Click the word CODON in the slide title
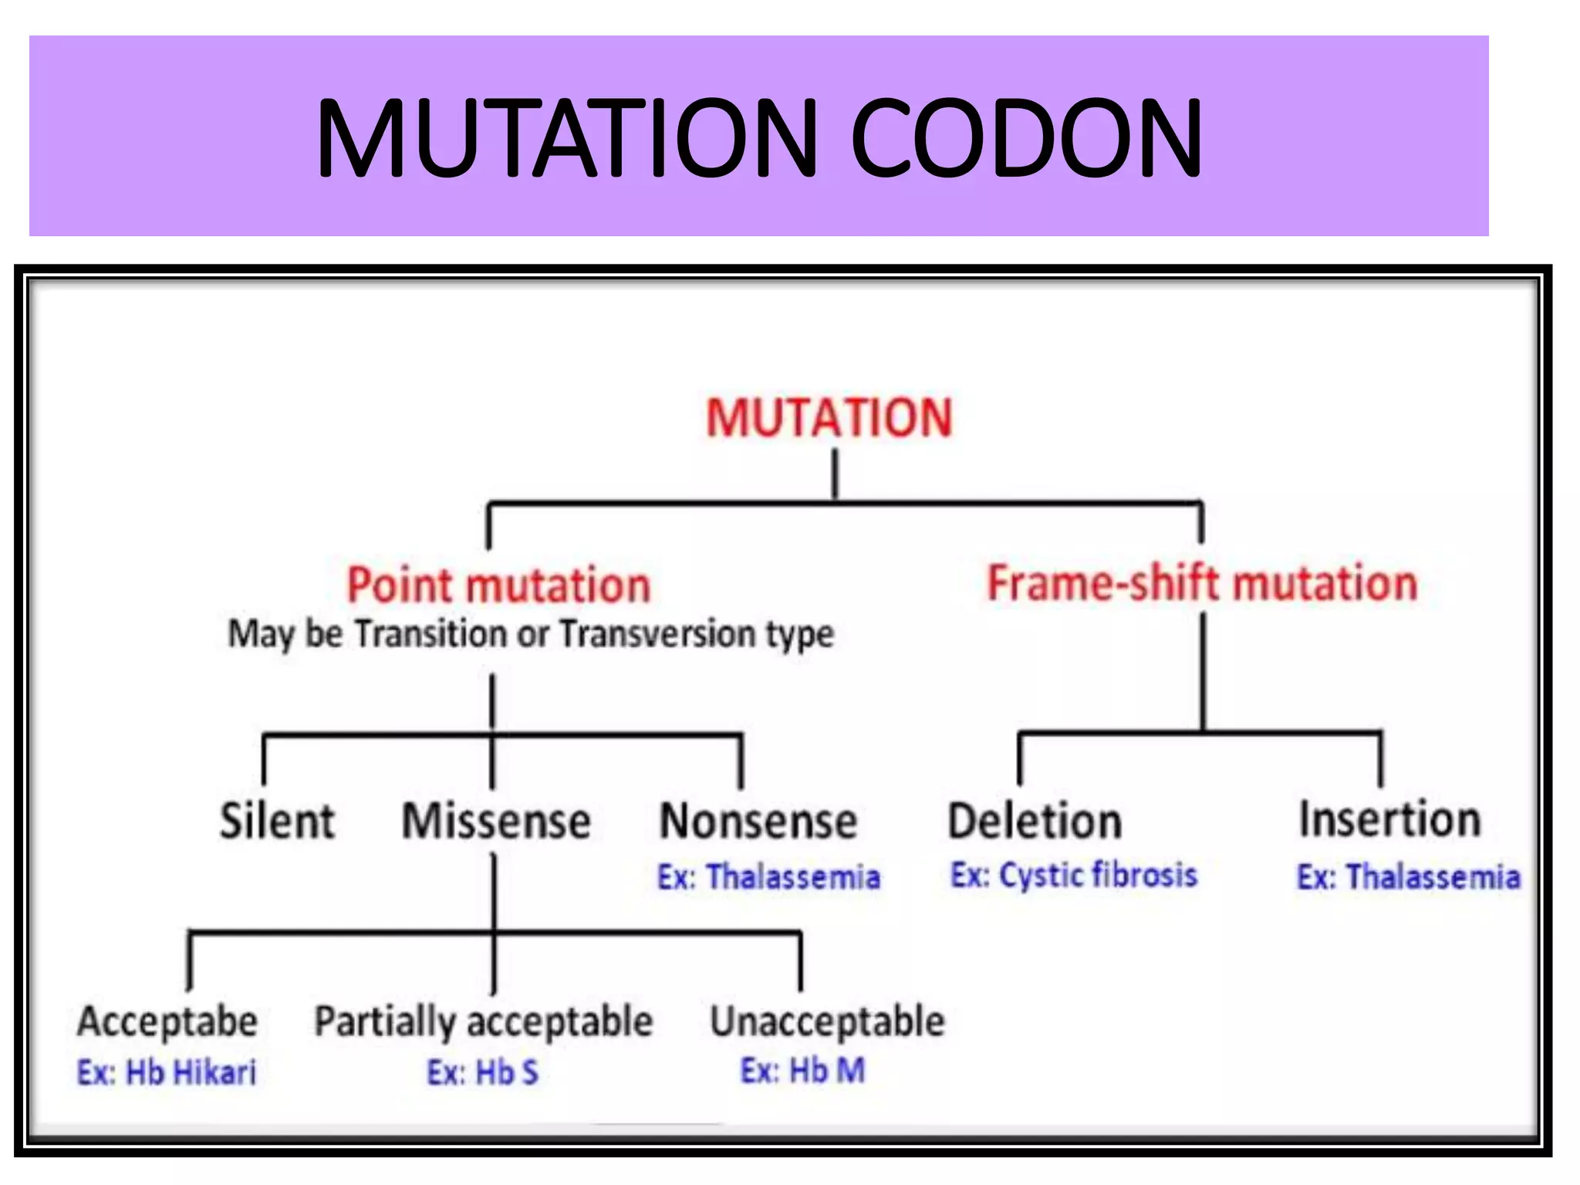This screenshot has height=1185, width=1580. pos(1026,139)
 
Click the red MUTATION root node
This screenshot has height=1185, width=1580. pos(829,418)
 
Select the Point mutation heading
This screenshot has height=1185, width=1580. pos(498,585)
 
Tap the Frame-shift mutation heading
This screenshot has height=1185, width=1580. pos(1202,583)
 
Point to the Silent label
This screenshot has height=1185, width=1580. pos(277,820)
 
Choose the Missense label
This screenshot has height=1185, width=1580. pos(496,820)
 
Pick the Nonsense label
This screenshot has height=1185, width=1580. pos(758,821)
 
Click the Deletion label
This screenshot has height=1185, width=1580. pos(1035,821)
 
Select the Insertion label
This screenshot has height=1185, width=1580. pos(1389,819)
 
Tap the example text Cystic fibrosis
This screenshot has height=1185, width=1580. pos(1098,876)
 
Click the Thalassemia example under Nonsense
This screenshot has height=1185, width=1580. pos(792,877)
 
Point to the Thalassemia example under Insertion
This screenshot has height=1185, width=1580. pos(1433,877)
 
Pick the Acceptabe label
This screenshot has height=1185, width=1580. pos(167,1021)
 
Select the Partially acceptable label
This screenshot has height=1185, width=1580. pos(484,1021)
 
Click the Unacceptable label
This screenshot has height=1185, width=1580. pos(827,1021)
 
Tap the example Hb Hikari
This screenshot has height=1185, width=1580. pos(190,1072)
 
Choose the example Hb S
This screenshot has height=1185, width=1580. pos(506,1072)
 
